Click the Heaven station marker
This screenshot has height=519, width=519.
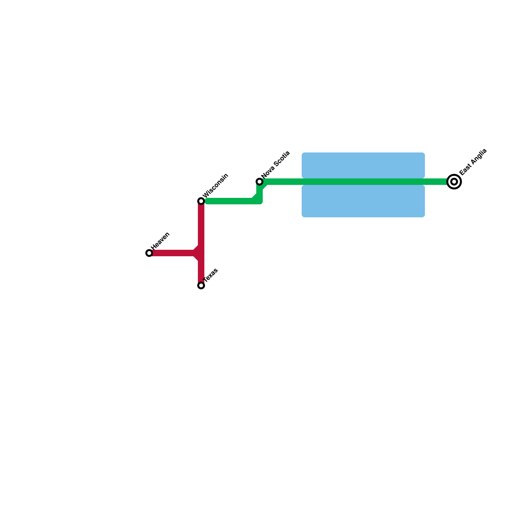tap(149, 253)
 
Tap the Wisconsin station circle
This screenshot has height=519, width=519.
tap(201, 201)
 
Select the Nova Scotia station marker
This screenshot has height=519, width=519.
tap(259, 182)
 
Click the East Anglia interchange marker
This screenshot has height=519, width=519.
tap(454, 182)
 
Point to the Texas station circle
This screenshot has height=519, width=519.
tap(201, 285)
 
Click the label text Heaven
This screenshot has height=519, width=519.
tap(161, 241)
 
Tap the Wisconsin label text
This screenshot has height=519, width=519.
tap(216, 186)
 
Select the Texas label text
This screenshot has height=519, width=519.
tap(211, 275)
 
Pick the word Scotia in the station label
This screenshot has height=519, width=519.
tap(281, 159)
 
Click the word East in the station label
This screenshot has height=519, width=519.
tap(465, 169)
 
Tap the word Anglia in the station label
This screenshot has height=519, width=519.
tap(478, 157)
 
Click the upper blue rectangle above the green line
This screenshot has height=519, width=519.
tap(363, 165)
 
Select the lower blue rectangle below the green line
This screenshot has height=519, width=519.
tap(363, 201)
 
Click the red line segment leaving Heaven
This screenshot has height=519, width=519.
tap(172, 253)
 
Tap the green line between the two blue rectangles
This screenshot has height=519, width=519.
tap(363, 182)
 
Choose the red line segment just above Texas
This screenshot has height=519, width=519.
tap(201, 272)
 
